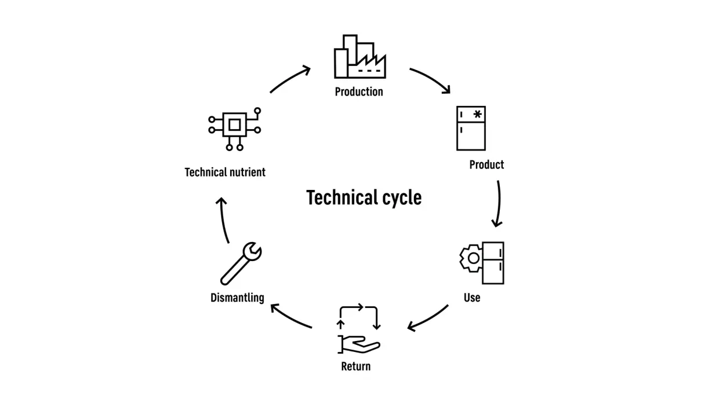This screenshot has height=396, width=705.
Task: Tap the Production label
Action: point(359,91)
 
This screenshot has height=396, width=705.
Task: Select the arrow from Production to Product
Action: point(431,79)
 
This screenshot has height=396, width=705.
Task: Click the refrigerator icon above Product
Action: point(471,128)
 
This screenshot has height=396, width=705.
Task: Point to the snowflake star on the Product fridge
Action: point(477,115)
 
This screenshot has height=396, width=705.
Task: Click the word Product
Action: point(486,165)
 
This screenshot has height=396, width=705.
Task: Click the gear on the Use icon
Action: point(470,258)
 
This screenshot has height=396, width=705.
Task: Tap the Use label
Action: point(472,298)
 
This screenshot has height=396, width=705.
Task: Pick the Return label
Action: point(356,366)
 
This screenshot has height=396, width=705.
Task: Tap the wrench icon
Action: point(241,263)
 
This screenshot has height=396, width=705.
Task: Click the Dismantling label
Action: point(237,298)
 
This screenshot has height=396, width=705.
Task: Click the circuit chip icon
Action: point(234,125)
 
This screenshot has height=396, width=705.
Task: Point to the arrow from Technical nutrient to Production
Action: point(290,79)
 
